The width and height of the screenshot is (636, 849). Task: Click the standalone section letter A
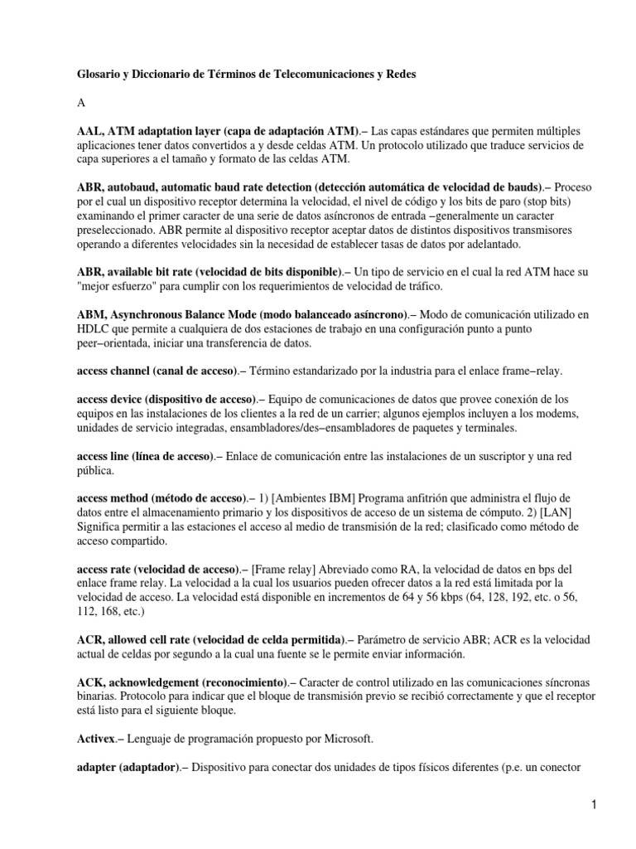pos(80,103)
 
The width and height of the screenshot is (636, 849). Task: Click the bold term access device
pos(110,399)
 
